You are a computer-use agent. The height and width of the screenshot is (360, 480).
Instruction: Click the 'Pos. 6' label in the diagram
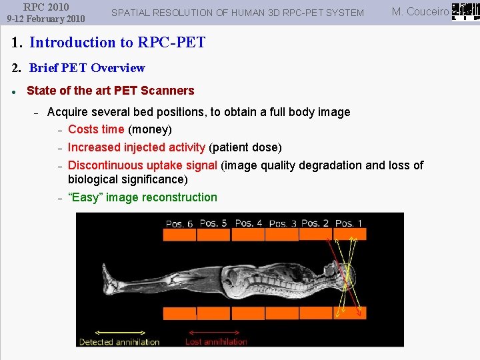(x=179, y=224)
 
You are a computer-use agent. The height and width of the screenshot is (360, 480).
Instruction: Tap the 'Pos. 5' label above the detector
(x=213, y=223)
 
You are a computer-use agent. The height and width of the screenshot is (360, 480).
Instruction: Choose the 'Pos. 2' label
(x=315, y=223)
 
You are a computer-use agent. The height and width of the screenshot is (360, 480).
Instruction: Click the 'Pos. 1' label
(x=349, y=223)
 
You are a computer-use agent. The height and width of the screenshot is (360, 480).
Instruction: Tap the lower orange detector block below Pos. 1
(x=349, y=313)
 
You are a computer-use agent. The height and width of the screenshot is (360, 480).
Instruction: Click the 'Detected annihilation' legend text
(x=119, y=342)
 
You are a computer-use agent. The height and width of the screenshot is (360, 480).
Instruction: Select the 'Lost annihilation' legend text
(x=216, y=342)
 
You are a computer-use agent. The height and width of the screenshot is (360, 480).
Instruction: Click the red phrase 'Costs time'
(x=96, y=129)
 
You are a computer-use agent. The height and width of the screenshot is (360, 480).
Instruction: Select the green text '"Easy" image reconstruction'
(x=143, y=197)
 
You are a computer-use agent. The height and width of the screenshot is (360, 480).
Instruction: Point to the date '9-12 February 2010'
(x=46, y=19)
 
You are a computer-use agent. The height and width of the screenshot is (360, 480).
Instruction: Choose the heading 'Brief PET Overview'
(x=87, y=68)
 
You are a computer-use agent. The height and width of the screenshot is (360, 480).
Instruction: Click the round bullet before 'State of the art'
(x=14, y=91)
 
